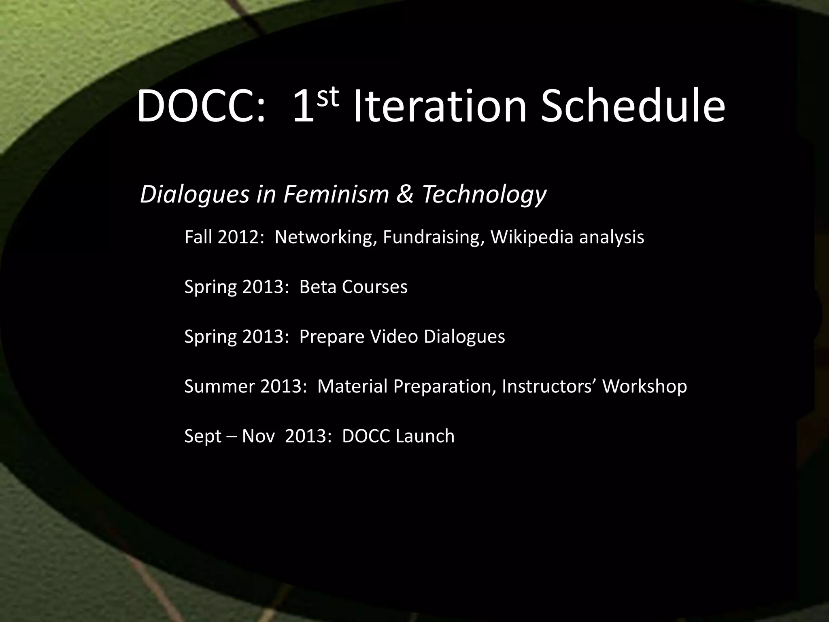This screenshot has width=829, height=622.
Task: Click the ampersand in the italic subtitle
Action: pyautogui.click(x=405, y=194)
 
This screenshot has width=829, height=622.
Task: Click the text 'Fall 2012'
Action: pyautogui.click(x=221, y=237)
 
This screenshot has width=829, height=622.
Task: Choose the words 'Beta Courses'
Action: pyautogui.click(x=353, y=287)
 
